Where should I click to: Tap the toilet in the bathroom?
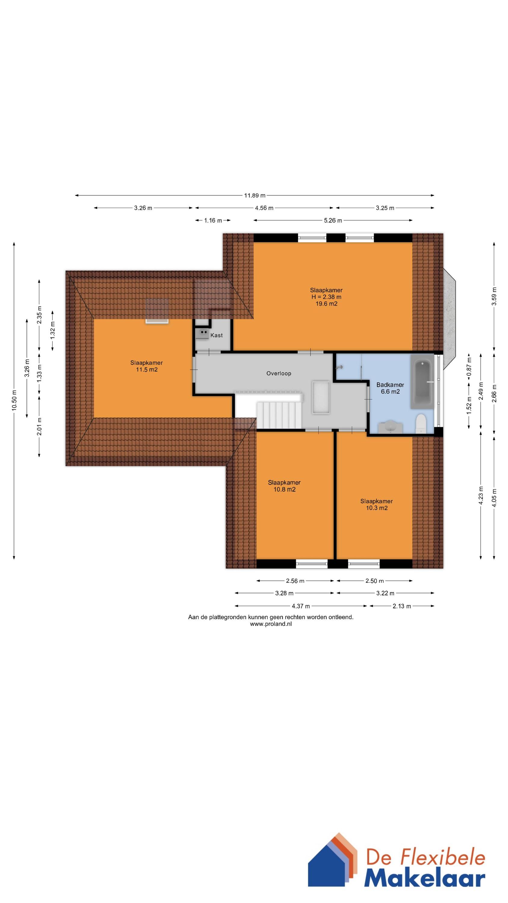click(x=420, y=424)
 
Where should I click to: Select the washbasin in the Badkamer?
click(x=390, y=427)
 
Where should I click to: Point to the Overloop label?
click(x=279, y=373)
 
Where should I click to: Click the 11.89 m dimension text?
click(x=255, y=195)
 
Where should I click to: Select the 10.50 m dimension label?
click(x=14, y=400)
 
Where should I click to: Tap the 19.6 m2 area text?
click(x=327, y=304)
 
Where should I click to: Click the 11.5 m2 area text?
click(x=147, y=369)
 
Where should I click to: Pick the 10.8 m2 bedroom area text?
click(x=284, y=489)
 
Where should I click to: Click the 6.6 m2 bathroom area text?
click(x=390, y=392)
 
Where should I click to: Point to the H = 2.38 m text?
click(x=327, y=297)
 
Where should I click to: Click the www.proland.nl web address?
click(x=271, y=633)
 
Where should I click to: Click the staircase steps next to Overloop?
click(x=279, y=415)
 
